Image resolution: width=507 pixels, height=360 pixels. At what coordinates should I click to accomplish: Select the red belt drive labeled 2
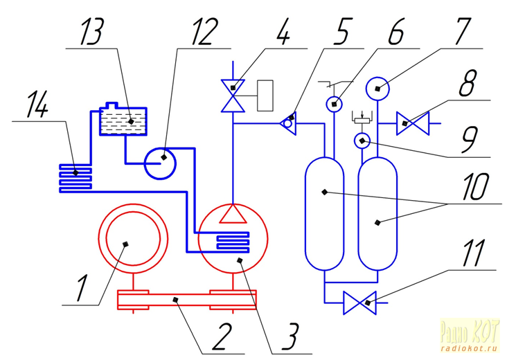[x=187, y=300]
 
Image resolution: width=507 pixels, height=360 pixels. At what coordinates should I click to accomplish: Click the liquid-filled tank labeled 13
[x=124, y=122]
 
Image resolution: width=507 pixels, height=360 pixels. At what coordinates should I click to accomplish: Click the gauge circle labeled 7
[x=378, y=87]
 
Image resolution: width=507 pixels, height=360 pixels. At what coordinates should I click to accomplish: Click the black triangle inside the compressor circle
[x=233, y=214]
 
